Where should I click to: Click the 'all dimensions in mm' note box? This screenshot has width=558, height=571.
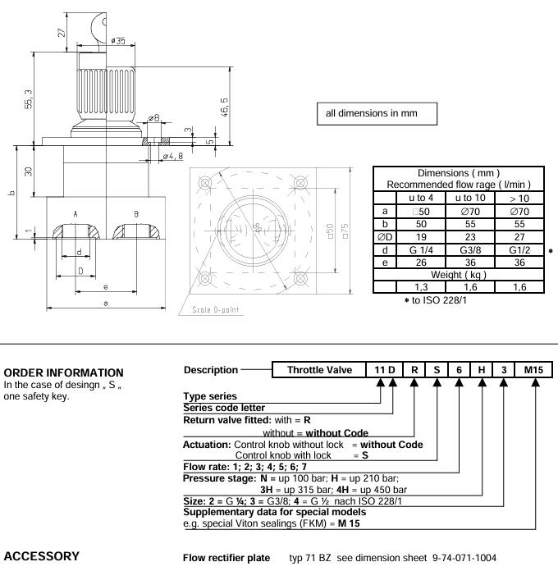pyautogui.click(x=377, y=113)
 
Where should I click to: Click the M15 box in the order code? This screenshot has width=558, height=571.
pyautogui.click(x=536, y=370)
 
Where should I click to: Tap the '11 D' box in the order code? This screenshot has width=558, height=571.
pyautogui.click(x=385, y=370)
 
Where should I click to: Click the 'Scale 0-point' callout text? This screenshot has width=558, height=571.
pyautogui.click(x=215, y=309)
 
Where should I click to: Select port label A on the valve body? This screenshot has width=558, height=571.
pyautogui.click(x=75, y=213)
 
